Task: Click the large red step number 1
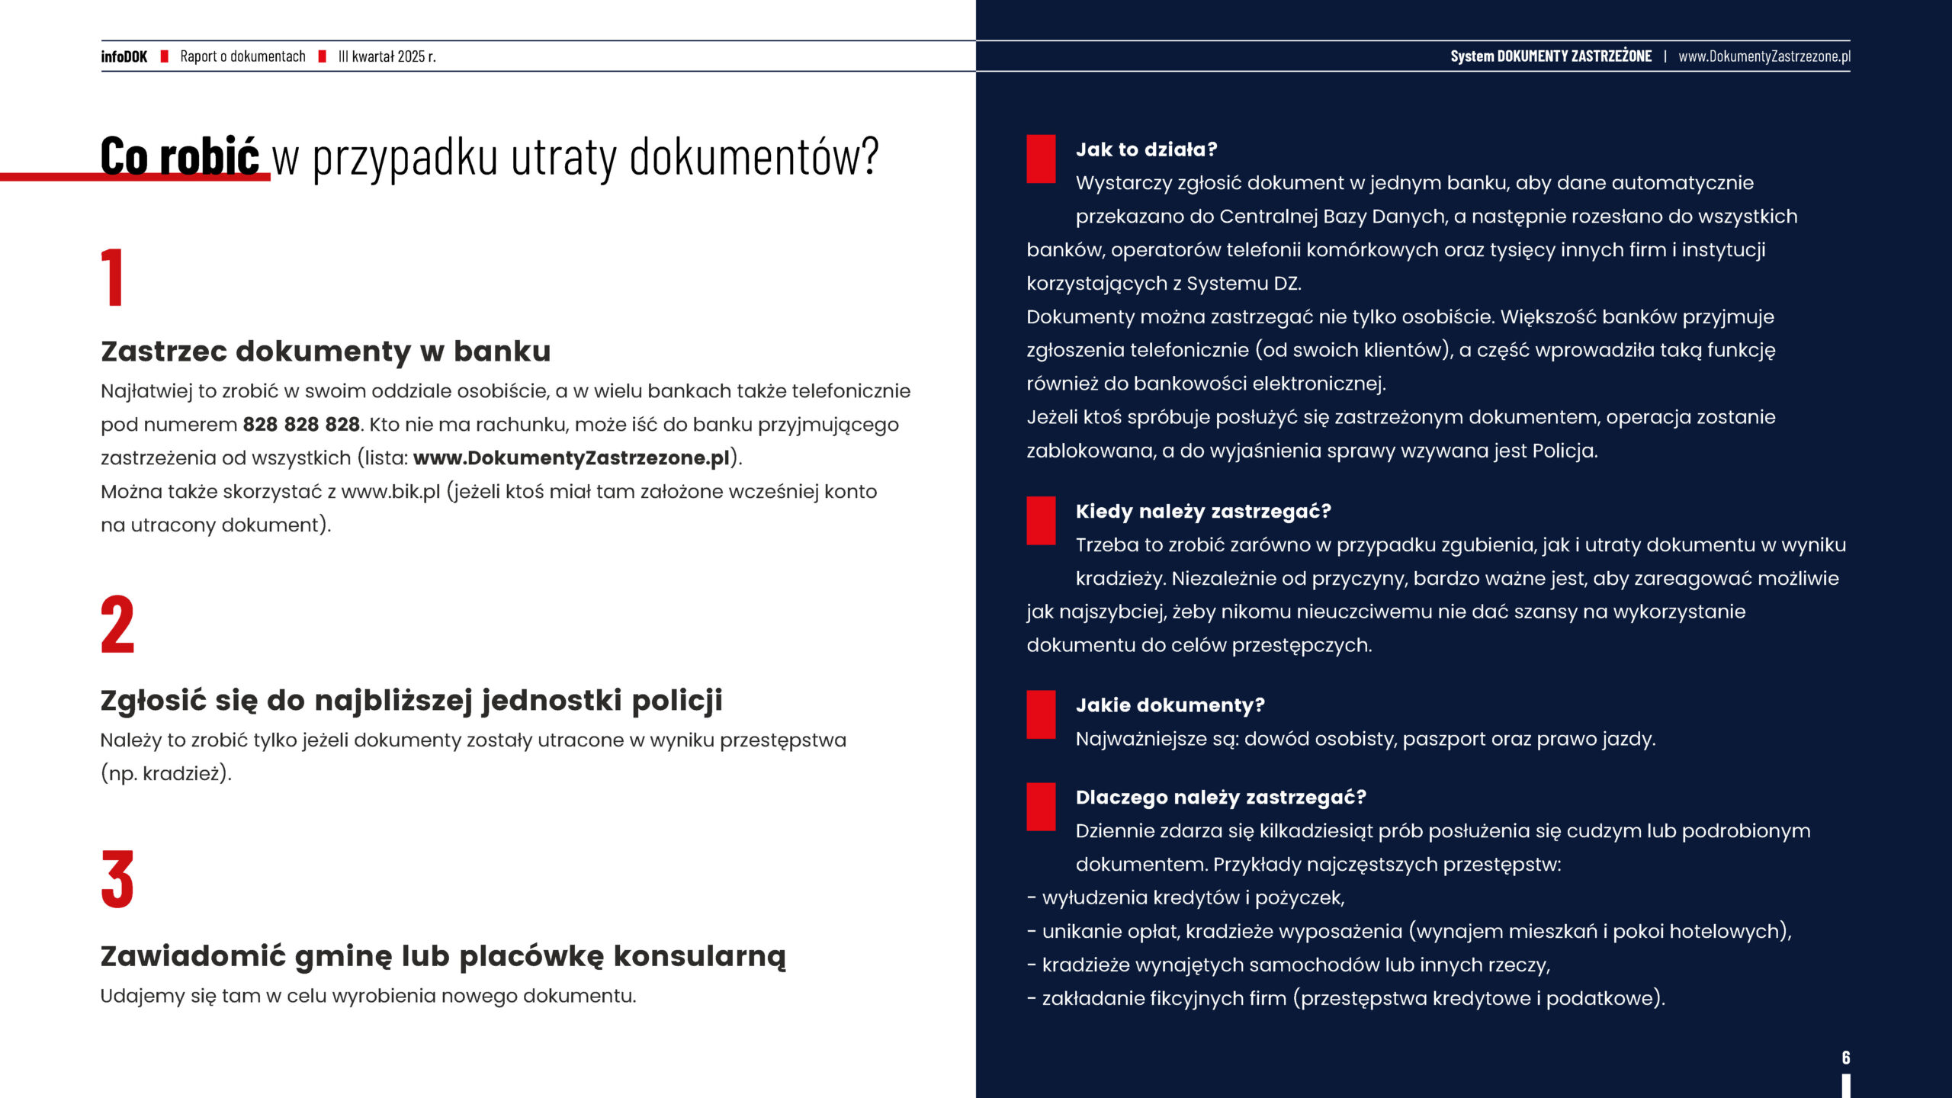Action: tap(113, 277)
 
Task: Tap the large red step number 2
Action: tap(117, 624)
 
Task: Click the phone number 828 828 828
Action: tap(301, 425)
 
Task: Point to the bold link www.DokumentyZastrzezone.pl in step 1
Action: tap(571, 458)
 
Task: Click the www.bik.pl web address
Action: tap(390, 492)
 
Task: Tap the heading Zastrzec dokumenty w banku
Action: tap(326, 352)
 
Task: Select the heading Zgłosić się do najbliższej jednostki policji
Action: tap(411, 701)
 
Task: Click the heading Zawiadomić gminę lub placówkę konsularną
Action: tap(443, 956)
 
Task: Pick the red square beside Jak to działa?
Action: tap(1041, 159)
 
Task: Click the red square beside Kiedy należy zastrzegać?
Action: tap(1041, 520)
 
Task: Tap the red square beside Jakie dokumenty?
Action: tap(1041, 714)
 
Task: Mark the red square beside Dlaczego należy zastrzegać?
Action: tap(1041, 807)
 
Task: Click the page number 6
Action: tap(1845, 1058)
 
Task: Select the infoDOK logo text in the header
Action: tap(124, 56)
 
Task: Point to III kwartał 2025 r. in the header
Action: tap(387, 56)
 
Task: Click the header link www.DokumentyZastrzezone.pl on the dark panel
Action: tap(1764, 56)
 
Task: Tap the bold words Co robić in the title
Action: tap(180, 156)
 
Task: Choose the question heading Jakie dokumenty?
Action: tap(1170, 705)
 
